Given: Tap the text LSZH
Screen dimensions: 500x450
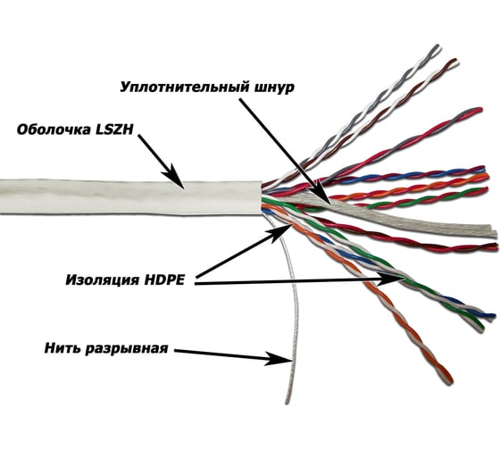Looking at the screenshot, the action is (114, 129).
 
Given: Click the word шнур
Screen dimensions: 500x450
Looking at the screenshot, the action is (273, 87).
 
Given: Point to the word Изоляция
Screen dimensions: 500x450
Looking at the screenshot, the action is (103, 279).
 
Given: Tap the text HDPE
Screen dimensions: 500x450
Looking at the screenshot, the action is (164, 279).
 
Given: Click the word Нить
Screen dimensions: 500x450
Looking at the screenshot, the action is (62, 348).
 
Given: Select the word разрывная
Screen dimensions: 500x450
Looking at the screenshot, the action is (126, 349).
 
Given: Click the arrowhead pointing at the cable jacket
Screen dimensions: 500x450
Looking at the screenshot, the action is (174, 178).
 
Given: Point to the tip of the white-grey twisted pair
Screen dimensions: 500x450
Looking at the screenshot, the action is (437, 47).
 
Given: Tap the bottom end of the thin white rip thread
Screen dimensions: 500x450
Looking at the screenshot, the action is (287, 402).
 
